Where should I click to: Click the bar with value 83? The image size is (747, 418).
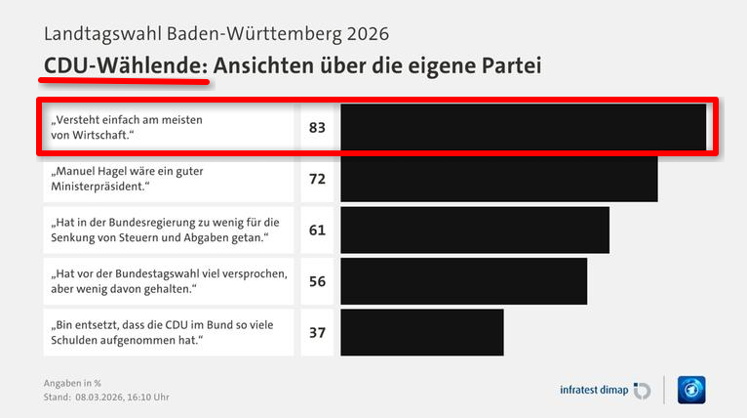[523, 127]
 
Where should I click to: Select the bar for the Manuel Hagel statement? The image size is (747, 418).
[499, 179]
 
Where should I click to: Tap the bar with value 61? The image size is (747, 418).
[475, 230]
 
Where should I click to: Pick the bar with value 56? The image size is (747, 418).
[464, 281]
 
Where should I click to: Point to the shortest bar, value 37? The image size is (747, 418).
[422, 332]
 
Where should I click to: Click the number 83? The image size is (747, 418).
[317, 127]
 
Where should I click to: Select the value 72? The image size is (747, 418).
[317, 179]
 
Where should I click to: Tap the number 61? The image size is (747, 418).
[317, 230]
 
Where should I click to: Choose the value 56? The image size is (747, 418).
[317, 281]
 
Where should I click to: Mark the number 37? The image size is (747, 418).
[317, 332]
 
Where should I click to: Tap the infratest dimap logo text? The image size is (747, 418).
[594, 390]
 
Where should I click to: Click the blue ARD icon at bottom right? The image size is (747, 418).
[691, 390]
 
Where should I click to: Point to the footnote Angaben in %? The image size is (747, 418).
[72, 382]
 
